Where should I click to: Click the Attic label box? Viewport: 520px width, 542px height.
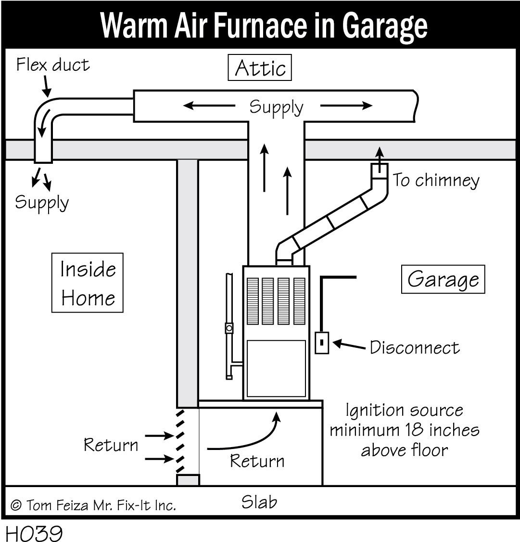[x=260, y=68]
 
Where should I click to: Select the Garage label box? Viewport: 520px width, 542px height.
[x=443, y=279]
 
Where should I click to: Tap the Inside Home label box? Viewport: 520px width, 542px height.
[x=88, y=283]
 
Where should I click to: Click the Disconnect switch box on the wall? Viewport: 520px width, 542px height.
[x=322, y=343]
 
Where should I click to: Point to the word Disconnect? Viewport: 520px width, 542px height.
[x=415, y=347]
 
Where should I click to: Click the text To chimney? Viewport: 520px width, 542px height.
[x=436, y=180]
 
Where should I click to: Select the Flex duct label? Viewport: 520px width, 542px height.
[x=53, y=65]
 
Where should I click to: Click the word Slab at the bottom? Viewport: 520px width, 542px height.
[x=259, y=502]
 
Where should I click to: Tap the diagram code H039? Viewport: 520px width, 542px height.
[x=34, y=533]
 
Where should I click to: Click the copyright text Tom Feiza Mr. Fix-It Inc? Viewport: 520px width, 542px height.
[x=93, y=505]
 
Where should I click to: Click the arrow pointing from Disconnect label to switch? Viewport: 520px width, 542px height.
[x=348, y=344]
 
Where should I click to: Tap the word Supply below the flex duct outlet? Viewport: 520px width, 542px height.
[x=42, y=202]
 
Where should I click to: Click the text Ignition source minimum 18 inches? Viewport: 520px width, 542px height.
[x=404, y=420]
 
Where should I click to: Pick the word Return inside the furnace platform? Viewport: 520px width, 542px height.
[x=257, y=461]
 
